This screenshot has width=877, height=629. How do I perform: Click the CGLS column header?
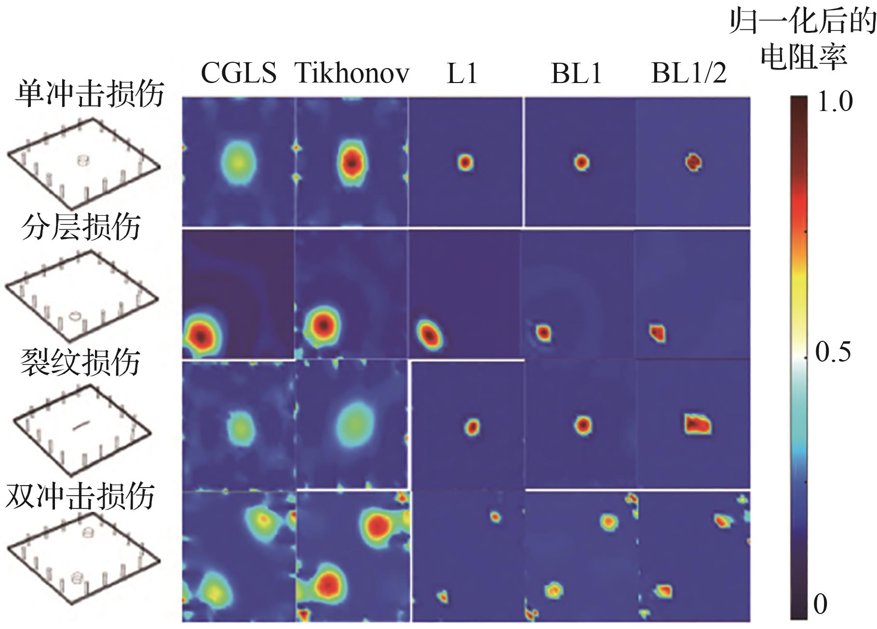coord(238,73)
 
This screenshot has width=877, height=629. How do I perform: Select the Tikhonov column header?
coord(352,73)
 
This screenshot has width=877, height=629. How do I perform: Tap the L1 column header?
coord(462,74)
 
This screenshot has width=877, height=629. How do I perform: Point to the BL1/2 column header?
coord(689,74)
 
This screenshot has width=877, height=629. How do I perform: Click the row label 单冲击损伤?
coord(90,94)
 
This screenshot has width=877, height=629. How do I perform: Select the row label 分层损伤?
coord(81,227)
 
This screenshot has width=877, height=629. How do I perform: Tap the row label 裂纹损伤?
coord(81,362)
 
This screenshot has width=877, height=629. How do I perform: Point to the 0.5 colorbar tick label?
coord(833,352)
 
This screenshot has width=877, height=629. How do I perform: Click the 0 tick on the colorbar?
coord(820,604)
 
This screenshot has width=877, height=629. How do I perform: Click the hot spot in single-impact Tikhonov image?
coord(352,163)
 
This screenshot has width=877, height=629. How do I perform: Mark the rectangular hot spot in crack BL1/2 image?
coord(698,424)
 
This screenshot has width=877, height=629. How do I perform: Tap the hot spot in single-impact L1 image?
coord(465,162)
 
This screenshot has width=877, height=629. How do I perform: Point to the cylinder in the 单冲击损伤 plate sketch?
coord(83,160)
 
